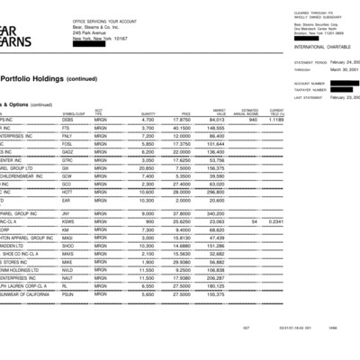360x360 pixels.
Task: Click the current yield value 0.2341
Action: [x=277, y=220]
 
